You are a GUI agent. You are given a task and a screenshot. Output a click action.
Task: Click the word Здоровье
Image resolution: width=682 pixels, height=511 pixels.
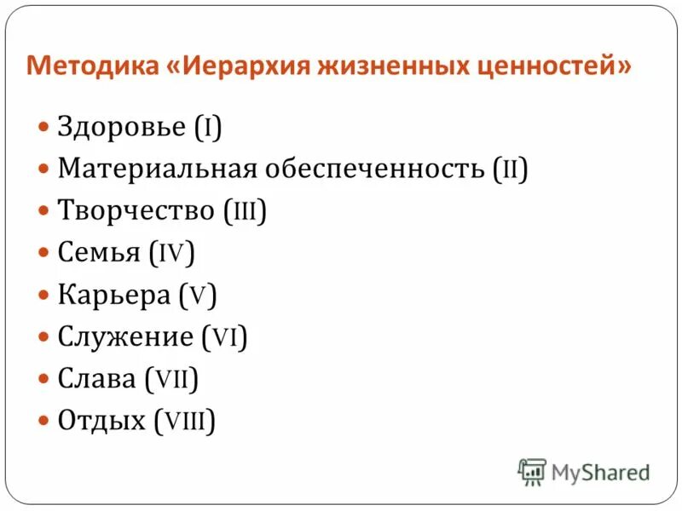click(121, 128)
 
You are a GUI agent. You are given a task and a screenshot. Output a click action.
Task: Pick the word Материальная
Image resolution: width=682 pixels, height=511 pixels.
click(158, 169)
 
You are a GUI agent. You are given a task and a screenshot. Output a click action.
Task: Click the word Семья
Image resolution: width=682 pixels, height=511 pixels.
click(98, 253)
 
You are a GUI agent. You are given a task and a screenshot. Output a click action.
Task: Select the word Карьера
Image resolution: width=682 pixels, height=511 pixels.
click(114, 295)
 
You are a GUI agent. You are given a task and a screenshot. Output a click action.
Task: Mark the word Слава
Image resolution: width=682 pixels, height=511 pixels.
click(97, 378)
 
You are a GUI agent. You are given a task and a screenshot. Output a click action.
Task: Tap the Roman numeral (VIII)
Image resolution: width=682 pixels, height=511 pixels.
click(185, 420)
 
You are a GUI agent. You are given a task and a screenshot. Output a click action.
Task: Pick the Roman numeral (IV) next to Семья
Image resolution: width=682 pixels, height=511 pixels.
click(171, 253)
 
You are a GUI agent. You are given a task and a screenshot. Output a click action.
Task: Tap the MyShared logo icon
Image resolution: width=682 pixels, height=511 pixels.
click(532, 471)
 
